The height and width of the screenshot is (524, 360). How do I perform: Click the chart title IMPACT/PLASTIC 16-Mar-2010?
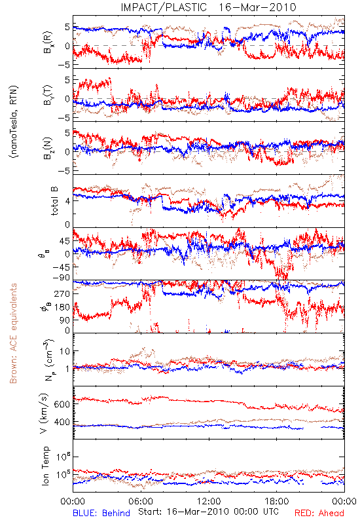(208, 7)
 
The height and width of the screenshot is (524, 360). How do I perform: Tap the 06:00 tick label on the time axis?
(141, 501)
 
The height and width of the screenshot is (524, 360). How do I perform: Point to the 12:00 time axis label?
(209, 501)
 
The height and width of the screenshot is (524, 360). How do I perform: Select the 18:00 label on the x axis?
(277, 501)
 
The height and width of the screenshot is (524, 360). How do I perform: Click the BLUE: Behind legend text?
(101, 513)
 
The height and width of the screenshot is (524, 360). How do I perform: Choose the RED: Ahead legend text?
(319, 513)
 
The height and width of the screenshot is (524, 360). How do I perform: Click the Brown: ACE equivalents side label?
(13, 333)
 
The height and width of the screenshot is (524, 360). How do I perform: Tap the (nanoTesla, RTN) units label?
(14, 122)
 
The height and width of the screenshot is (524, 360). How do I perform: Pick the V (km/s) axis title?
(45, 413)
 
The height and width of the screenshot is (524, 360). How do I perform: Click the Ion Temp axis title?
(45, 466)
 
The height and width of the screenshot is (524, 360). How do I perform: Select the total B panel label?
(54, 201)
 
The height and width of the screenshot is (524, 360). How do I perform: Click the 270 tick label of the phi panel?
(62, 293)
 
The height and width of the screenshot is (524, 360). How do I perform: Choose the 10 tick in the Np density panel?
(65, 351)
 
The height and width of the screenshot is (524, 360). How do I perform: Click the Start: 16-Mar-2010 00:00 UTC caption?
(208, 512)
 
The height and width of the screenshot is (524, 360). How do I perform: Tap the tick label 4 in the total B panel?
(67, 201)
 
